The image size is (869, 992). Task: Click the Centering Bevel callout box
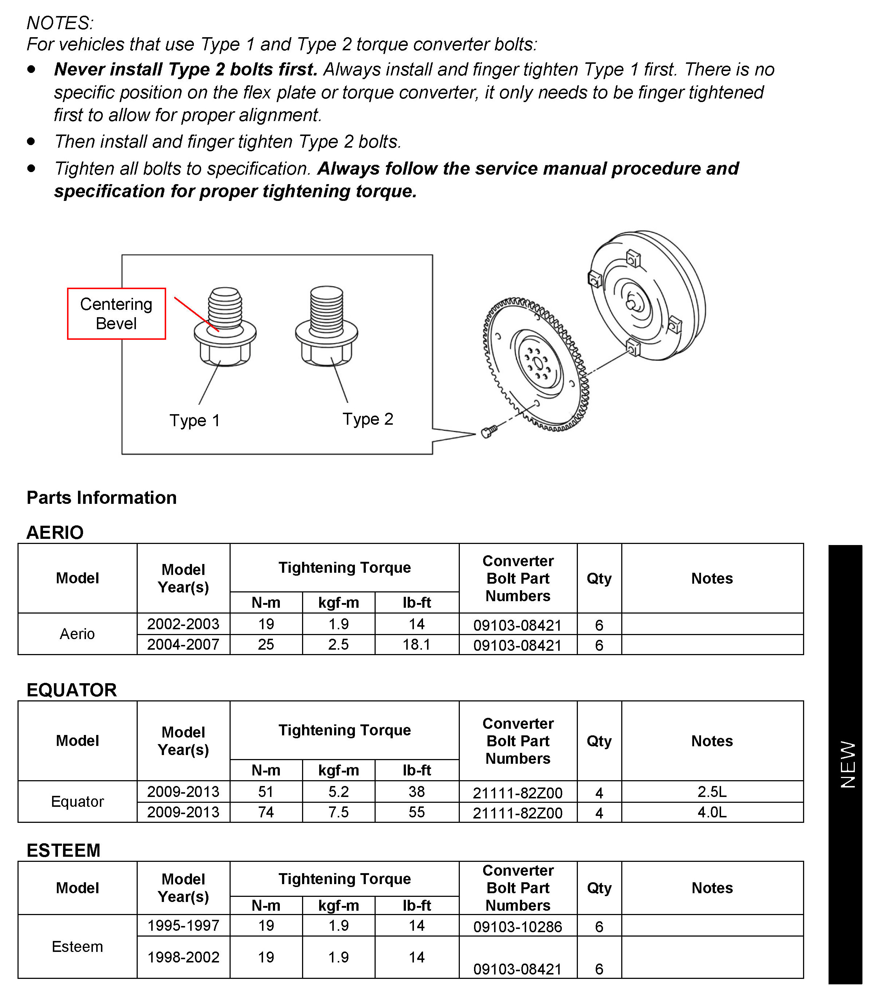click(116, 314)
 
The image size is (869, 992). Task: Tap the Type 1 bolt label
click(195, 420)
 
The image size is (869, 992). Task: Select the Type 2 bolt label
click(368, 419)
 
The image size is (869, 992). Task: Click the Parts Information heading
click(101, 498)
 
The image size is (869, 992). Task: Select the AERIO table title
click(55, 532)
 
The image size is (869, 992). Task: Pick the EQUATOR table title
click(71, 690)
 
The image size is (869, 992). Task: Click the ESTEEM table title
click(63, 850)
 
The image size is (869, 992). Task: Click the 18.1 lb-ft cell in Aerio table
click(416, 645)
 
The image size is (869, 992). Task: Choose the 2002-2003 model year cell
click(183, 624)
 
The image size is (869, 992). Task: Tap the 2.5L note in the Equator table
click(712, 791)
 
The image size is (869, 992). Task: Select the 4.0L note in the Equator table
click(712, 812)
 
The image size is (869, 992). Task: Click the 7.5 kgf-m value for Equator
click(338, 812)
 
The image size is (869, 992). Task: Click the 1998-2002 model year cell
click(183, 957)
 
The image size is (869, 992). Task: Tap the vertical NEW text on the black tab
click(848, 765)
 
